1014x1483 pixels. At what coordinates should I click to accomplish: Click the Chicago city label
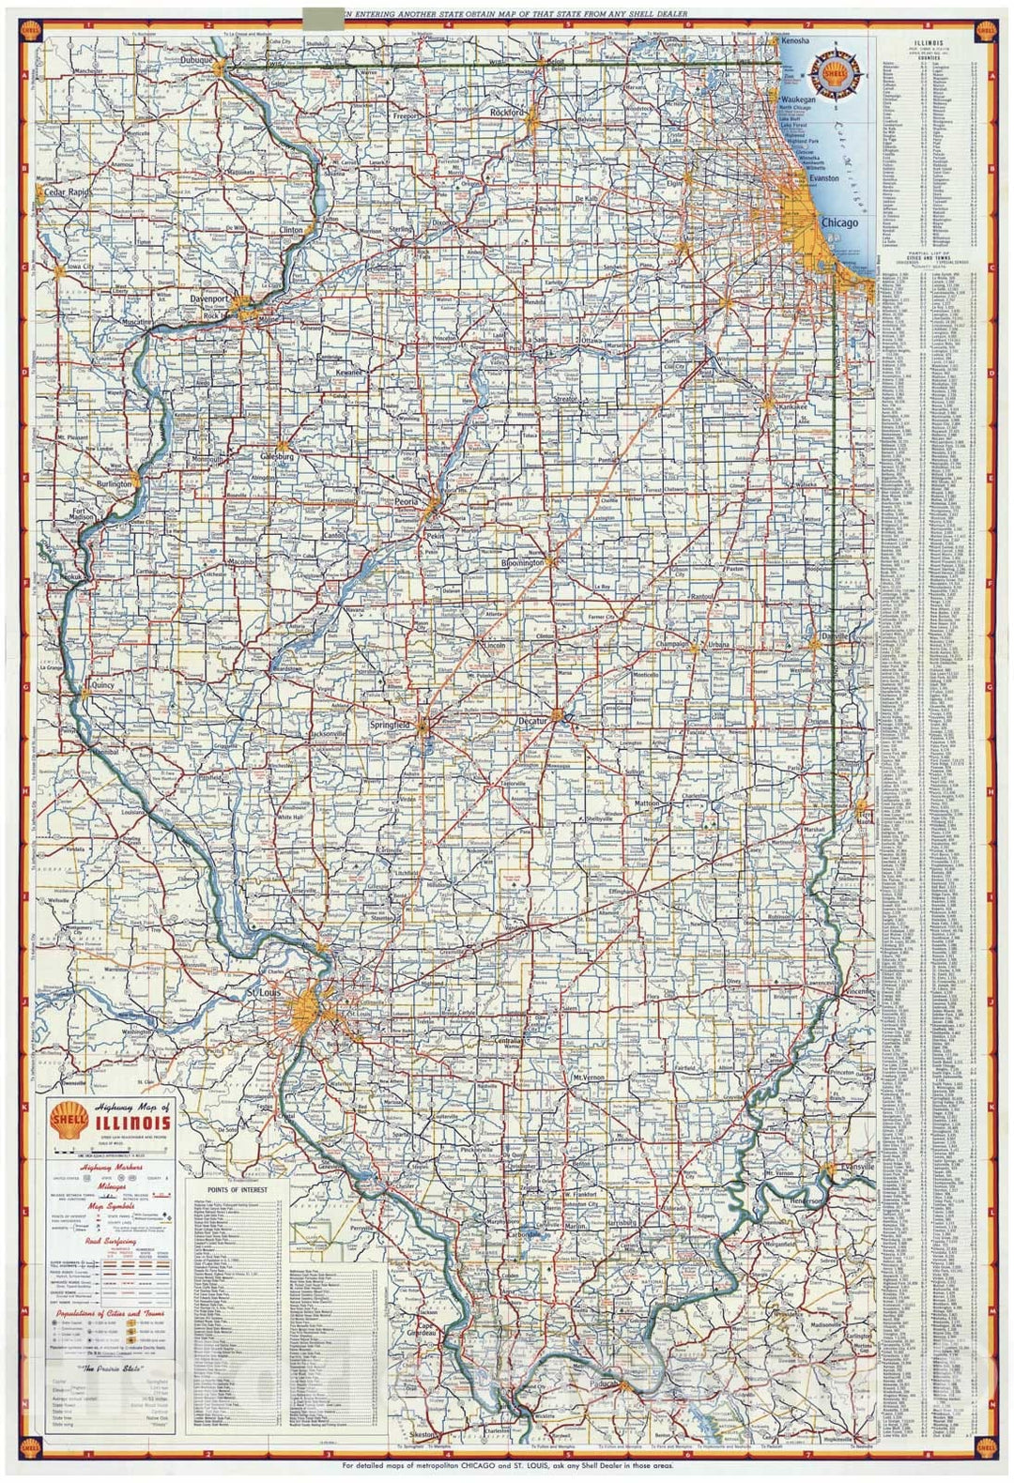(838, 223)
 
